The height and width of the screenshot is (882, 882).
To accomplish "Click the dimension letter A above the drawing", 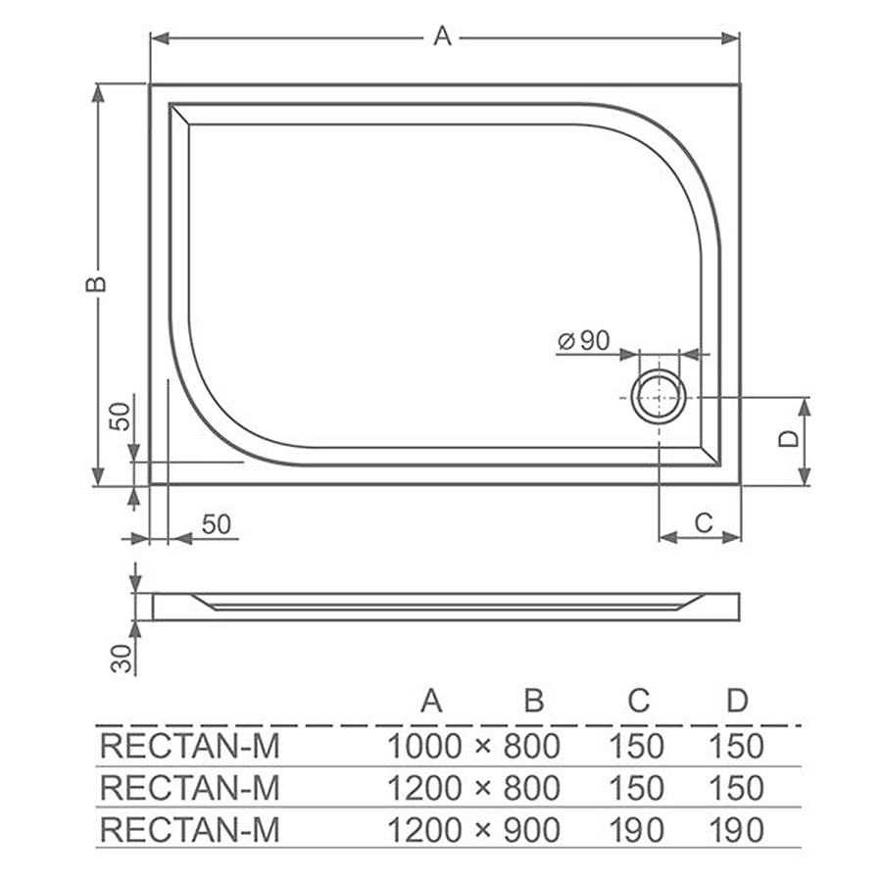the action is point(443,36).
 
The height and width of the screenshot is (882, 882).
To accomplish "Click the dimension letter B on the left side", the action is point(96,283).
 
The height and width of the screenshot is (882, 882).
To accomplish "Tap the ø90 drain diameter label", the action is point(584,340).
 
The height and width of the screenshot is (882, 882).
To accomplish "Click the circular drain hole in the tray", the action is point(659,397).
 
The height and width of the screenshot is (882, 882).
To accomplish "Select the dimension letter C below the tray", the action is point(704,523).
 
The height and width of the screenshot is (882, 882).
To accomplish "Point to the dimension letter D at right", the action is point(789,438).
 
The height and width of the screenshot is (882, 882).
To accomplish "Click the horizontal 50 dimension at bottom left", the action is point(216,525).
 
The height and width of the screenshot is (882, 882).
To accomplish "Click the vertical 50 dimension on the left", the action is point(121,416).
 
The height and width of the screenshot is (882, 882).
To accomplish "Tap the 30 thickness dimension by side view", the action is point(122,659).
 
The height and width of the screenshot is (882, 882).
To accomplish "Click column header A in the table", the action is point(431,701).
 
